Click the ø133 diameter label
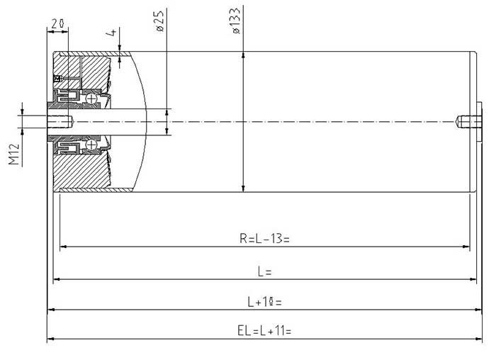pos(236,21)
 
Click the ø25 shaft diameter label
pos(160,21)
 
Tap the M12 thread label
pos(14,154)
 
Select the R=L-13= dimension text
pos(264,239)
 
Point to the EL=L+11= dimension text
pos(264,331)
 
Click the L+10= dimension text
pos(264,302)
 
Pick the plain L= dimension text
pos(264,271)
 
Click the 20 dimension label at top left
pos(58,23)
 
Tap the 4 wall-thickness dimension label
pos(112,33)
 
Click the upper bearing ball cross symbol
pos(91,99)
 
